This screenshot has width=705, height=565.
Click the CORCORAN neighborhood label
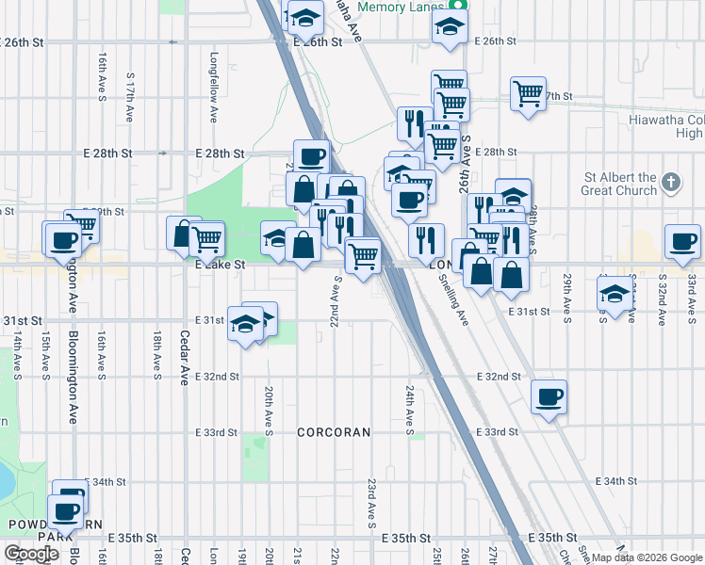point(334,432)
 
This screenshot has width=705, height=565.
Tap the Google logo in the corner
point(31,554)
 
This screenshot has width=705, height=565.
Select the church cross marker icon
point(670,182)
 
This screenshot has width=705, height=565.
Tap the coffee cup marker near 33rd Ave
point(682,241)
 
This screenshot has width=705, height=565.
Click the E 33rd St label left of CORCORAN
point(216,433)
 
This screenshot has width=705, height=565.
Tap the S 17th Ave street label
point(129,99)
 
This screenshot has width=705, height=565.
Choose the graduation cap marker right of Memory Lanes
point(451,26)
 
